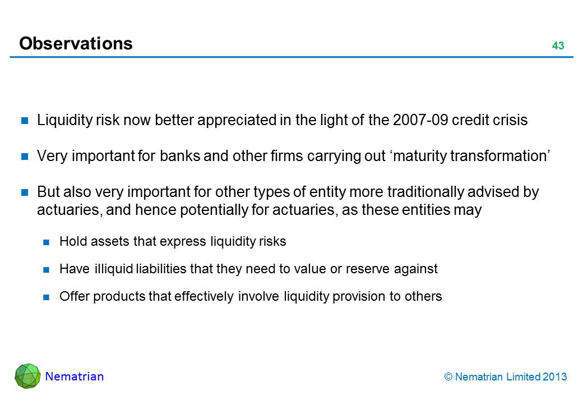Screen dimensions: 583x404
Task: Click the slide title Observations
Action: coord(76,44)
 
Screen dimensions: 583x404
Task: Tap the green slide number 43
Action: coord(558,46)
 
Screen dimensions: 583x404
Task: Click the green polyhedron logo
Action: coord(27,376)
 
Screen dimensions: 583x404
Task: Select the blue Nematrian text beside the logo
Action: coord(75,377)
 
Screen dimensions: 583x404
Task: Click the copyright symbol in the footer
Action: coord(448,377)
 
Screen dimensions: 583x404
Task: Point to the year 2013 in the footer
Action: coord(555,377)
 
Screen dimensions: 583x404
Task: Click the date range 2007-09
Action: coord(420,120)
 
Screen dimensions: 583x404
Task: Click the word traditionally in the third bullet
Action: coord(425,192)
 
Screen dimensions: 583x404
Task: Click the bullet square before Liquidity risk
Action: coord(25,121)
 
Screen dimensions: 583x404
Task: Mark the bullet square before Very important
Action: coord(25,156)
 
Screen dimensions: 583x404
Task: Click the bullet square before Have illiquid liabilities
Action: coord(46,270)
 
